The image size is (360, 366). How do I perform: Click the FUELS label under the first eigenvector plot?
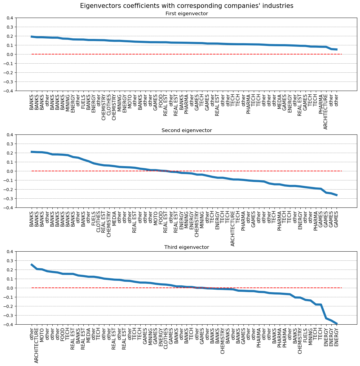coord(83,102)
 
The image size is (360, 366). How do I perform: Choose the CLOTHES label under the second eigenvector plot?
coord(99,220)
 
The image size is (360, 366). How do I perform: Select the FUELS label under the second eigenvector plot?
coord(93,218)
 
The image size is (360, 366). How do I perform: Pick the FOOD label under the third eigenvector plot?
coord(62,335)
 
